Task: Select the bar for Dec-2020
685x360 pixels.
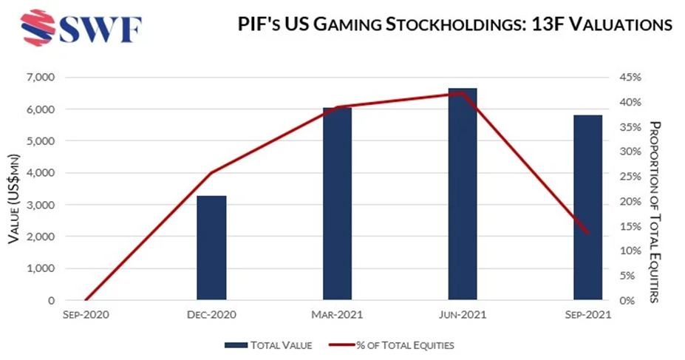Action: (211, 248)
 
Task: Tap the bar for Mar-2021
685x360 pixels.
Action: (337, 204)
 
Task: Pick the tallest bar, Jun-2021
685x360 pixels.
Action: (463, 194)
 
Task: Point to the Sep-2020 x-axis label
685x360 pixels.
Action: (86, 316)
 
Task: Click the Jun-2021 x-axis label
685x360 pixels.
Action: (463, 316)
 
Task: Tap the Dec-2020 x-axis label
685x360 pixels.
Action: (211, 316)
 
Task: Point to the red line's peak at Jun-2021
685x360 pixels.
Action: (463, 93)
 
